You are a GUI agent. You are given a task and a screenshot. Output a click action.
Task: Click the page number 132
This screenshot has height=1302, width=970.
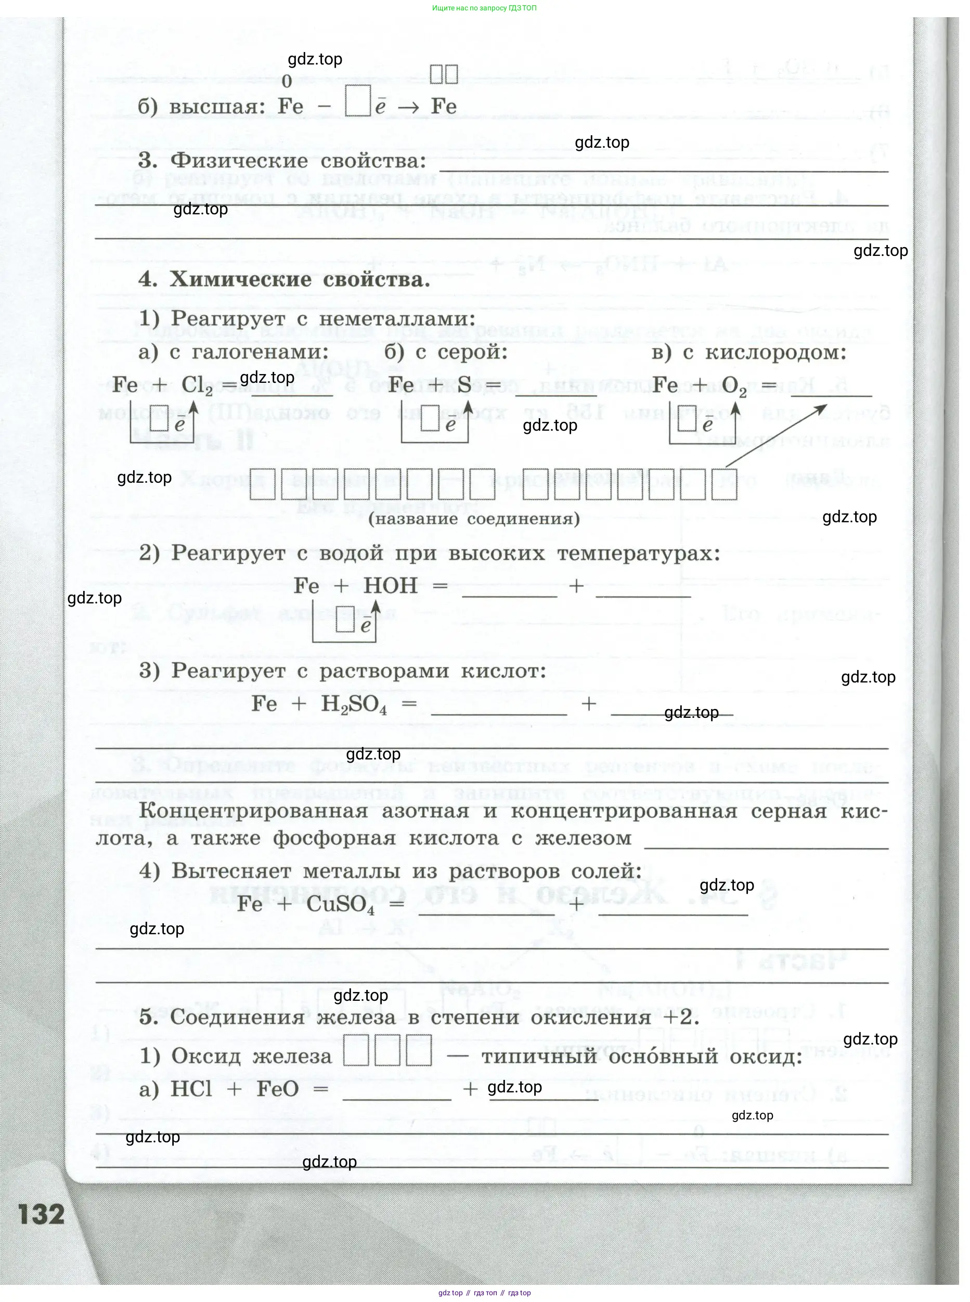click(42, 1214)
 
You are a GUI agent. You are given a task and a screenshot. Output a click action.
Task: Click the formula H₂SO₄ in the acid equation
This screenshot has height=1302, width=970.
click(354, 704)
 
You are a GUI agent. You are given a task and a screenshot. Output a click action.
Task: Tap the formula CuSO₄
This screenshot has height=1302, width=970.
click(340, 905)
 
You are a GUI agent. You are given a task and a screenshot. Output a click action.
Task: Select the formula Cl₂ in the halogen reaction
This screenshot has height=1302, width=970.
click(197, 386)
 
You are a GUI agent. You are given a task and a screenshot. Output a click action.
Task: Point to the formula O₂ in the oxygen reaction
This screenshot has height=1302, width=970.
click(734, 386)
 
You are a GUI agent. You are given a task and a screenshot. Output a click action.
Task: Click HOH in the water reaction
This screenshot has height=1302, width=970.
click(391, 586)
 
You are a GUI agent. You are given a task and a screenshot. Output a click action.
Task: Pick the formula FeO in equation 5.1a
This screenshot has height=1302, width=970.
click(278, 1089)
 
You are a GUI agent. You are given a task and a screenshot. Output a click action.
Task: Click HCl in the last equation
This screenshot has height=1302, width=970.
click(191, 1089)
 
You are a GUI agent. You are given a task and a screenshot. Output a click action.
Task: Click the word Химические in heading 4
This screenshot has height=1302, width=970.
click(240, 279)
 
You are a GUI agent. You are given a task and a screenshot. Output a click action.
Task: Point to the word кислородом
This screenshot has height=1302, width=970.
click(775, 352)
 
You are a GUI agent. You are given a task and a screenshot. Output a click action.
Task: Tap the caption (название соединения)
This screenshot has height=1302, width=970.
click(474, 519)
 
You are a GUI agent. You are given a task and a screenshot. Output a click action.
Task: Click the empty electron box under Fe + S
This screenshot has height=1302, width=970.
click(430, 419)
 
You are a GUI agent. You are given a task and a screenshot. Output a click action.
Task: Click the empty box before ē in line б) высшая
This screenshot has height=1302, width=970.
click(358, 101)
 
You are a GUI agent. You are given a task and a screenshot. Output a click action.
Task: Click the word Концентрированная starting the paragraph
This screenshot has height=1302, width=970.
click(254, 811)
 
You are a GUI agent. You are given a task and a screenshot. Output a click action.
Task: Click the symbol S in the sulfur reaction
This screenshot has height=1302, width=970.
click(464, 385)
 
